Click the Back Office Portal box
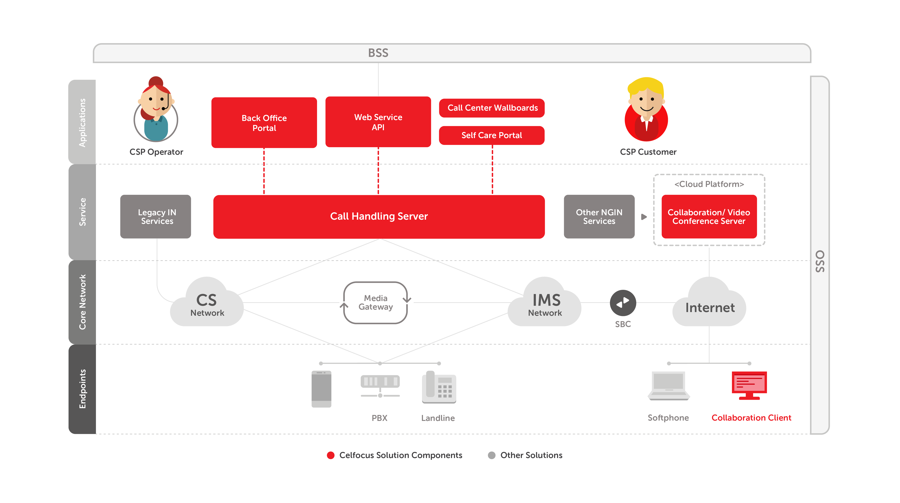pos(264,123)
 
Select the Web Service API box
pos(378,122)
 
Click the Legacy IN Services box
pos(156,216)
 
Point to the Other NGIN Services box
pos(599,216)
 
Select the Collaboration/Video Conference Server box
pos(709,216)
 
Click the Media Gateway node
pos(376,302)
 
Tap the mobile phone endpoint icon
pos(321,389)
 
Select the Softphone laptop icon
pos(668,386)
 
